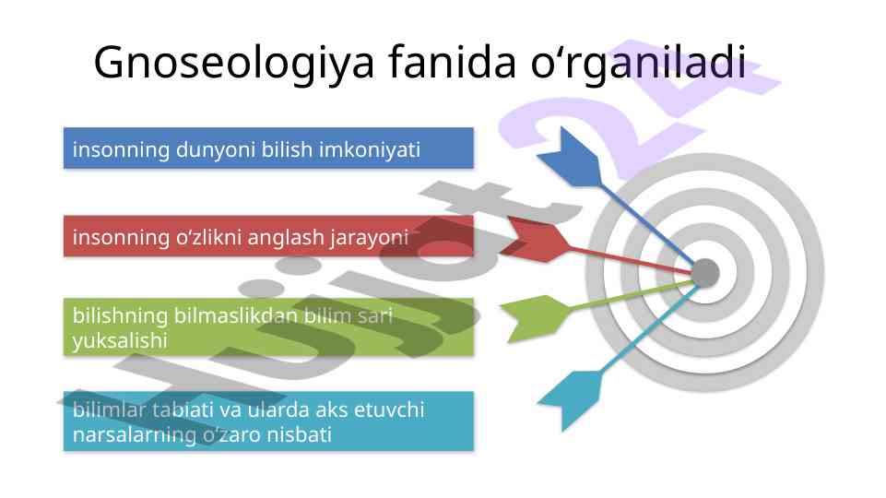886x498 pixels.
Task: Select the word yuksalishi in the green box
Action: pos(120,341)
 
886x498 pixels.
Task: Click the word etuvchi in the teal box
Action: pos(389,409)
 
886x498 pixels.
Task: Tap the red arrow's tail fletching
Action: pos(535,239)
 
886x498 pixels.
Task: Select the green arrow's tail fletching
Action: pos(535,318)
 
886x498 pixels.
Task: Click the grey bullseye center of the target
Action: pos(705,273)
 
